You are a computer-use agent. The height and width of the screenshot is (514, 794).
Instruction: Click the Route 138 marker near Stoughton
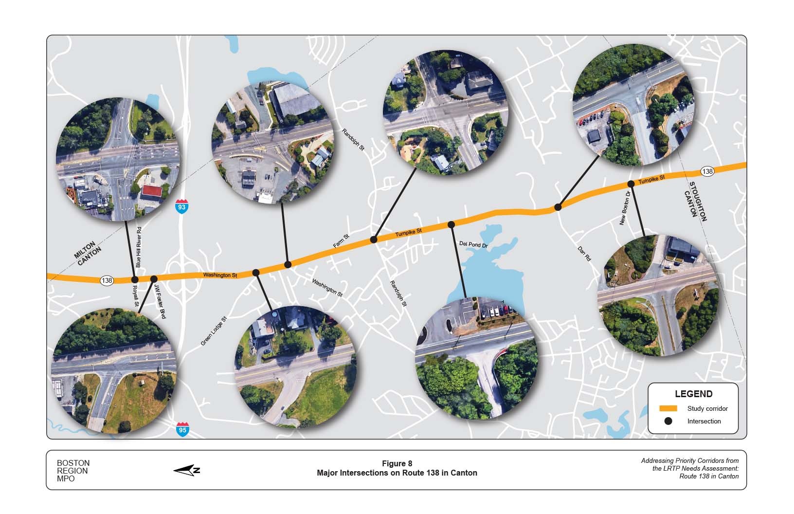point(707,171)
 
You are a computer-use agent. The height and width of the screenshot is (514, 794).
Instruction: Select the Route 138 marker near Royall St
point(107,280)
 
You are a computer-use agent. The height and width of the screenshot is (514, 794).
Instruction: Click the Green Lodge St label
point(214,331)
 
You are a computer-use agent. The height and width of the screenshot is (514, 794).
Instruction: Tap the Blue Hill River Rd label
point(139,247)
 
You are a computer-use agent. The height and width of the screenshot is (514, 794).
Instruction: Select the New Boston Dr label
point(625,208)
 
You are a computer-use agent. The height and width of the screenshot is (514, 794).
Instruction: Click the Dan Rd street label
point(584,254)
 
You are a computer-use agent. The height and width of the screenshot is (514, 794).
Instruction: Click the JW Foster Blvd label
point(160,302)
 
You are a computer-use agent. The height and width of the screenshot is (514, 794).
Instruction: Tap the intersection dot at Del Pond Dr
point(451,224)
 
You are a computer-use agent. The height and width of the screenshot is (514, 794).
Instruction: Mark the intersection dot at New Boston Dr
point(631,184)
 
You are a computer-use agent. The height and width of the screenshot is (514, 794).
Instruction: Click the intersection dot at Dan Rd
point(558,207)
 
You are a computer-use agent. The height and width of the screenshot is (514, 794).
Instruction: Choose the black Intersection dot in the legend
point(668,421)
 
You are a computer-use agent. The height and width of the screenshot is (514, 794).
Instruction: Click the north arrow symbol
point(187,470)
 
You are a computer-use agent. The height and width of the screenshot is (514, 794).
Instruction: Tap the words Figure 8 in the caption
point(397,463)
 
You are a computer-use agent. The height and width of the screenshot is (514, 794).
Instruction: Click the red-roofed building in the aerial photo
point(152,191)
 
